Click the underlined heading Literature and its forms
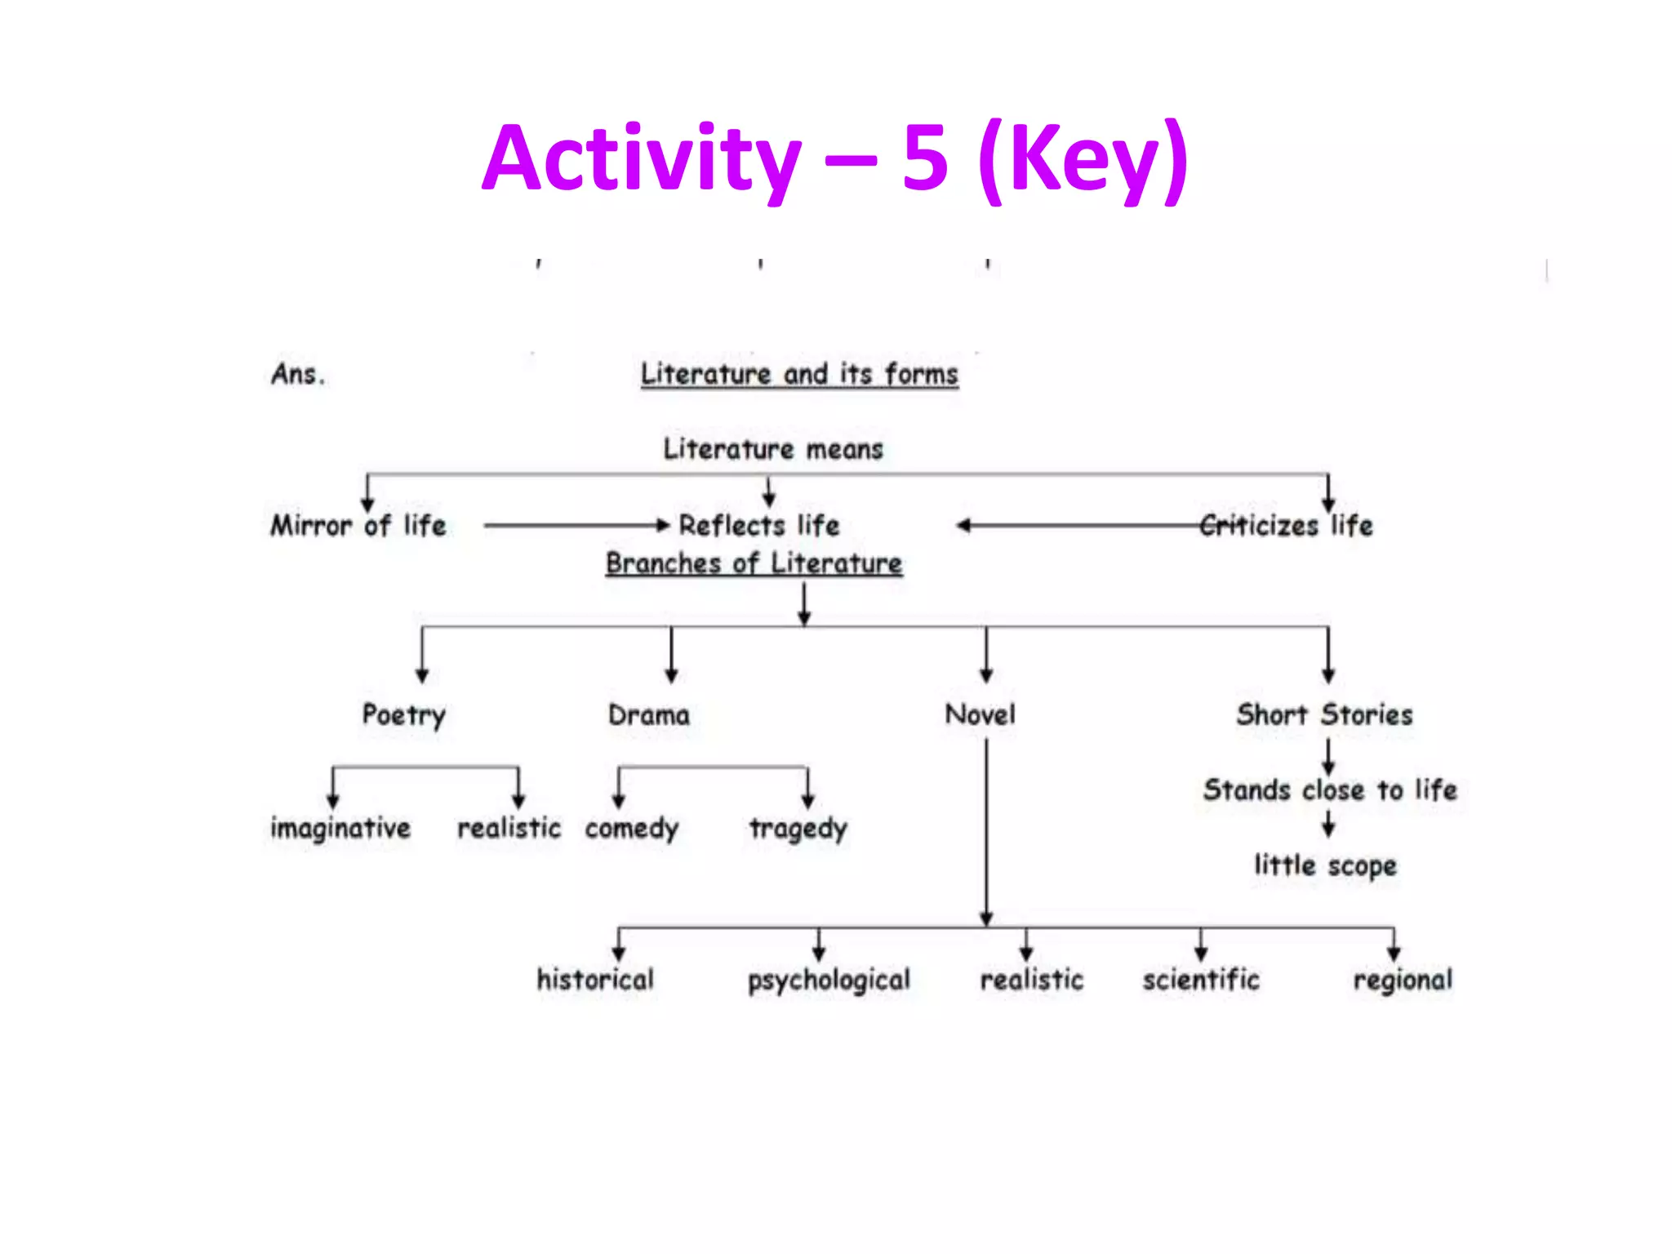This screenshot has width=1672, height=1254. (x=798, y=375)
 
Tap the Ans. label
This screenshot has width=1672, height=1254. (x=298, y=375)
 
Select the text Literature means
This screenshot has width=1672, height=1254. (x=772, y=449)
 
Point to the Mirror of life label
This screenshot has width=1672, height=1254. (x=358, y=525)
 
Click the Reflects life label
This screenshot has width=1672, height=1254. (x=759, y=525)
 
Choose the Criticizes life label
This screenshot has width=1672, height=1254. (x=1287, y=525)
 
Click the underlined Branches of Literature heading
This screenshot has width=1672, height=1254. (x=754, y=563)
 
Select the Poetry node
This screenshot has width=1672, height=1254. (x=403, y=715)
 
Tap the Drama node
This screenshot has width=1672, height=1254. (x=649, y=715)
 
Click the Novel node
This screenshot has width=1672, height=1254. (x=980, y=715)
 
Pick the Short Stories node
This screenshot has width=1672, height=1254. (x=1323, y=715)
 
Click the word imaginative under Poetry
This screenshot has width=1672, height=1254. (x=340, y=829)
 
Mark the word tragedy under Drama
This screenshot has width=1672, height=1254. (x=798, y=829)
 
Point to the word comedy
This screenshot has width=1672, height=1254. (x=631, y=829)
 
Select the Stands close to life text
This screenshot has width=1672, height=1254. (x=1329, y=790)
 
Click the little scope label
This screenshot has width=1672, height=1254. (x=1325, y=865)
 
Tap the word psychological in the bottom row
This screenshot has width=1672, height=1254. (x=829, y=981)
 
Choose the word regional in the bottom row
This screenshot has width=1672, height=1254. (x=1403, y=981)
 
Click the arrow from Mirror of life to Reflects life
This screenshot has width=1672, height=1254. (x=576, y=525)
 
